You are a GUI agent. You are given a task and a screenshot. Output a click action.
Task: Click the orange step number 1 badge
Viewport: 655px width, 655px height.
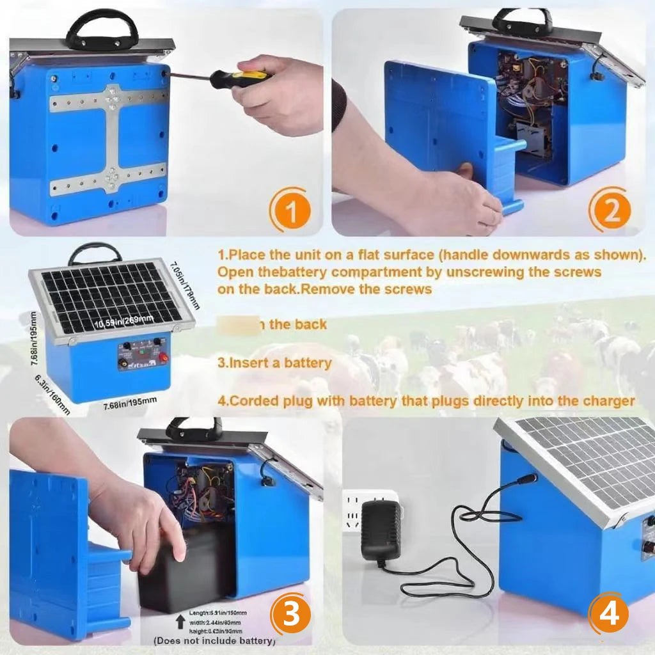point(291,210)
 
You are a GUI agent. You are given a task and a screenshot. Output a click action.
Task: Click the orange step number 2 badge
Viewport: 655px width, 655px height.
point(612,210)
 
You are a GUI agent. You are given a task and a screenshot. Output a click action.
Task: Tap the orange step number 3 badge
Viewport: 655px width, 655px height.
point(291,615)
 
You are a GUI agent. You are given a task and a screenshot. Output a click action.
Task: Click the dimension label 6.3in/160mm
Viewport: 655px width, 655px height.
point(52,395)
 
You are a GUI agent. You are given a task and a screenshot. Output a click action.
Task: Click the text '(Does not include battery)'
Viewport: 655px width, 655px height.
point(214,640)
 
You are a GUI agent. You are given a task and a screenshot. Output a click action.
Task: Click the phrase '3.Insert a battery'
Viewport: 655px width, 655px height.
point(274,363)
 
